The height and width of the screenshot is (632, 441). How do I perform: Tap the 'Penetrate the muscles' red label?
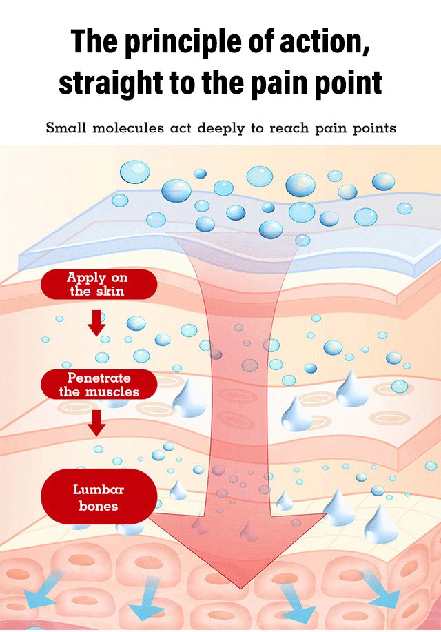pyautogui.click(x=99, y=385)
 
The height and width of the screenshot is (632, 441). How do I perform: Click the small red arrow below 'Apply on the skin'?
pyautogui.click(x=97, y=323)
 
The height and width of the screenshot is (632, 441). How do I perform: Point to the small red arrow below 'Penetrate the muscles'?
pyautogui.click(x=97, y=422)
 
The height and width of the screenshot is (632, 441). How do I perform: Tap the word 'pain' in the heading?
pyautogui.click(x=278, y=83)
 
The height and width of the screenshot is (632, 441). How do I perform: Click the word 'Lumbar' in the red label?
pyautogui.click(x=98, y=490)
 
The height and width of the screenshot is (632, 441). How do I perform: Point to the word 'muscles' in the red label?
pyautogui.click(x=112, y=392)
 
